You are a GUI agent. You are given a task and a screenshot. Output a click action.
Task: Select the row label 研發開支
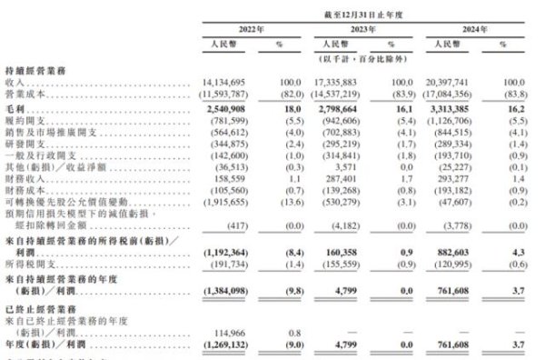[26, 143]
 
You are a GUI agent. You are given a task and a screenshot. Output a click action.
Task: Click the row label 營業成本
[26, 92]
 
